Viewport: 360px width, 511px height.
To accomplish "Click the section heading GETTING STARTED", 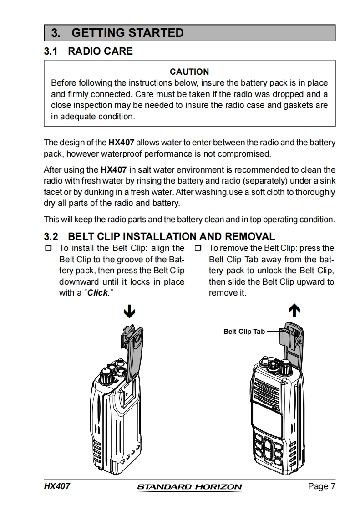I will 127,33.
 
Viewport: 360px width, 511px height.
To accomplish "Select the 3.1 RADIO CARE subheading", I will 88,51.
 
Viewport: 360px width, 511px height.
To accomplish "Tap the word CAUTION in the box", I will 189,72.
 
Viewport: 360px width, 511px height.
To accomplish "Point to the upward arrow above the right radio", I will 295,311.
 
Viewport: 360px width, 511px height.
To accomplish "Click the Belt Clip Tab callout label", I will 244,332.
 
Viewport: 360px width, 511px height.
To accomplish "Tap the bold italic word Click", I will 97,293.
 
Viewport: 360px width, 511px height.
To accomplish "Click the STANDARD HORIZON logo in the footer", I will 189,487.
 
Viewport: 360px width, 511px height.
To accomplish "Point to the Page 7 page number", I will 321,486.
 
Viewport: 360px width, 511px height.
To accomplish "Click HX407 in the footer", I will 57,486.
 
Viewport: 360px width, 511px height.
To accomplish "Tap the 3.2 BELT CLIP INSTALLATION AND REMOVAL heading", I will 159,236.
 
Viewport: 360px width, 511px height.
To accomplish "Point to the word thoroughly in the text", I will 314,192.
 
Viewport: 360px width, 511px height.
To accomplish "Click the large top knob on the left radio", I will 106,376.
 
